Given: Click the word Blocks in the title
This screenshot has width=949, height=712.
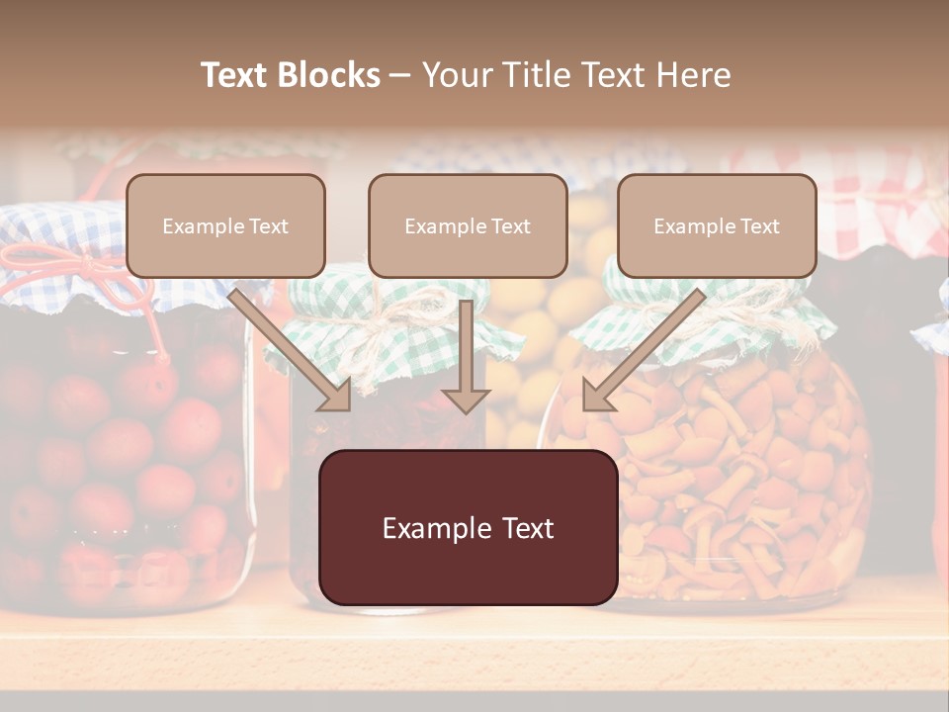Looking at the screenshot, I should [330, 75].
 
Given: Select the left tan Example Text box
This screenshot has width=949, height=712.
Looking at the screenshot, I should [225, 225].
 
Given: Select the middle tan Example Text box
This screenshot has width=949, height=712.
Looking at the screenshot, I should [468, 225].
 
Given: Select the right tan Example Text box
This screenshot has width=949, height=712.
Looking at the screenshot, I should [717, 225].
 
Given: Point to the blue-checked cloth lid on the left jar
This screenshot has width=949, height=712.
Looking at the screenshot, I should [59, 237].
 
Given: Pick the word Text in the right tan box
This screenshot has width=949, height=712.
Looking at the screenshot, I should [759, 225].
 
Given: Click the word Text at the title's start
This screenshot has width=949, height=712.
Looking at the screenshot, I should [235, 75].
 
